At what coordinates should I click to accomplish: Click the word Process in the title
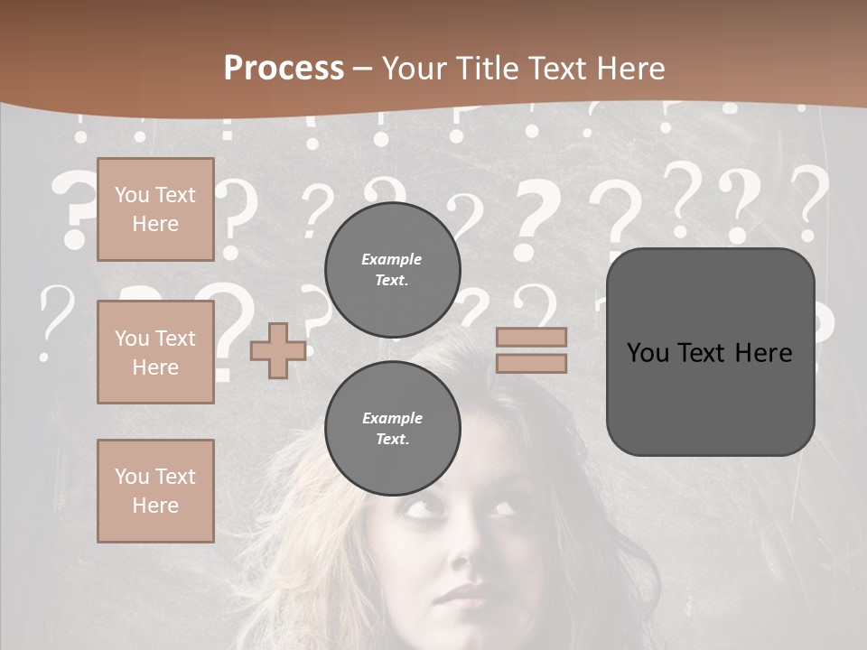[284, 69]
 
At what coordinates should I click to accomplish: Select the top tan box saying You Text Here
[155, 209]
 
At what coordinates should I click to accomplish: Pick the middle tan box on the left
[155, 352]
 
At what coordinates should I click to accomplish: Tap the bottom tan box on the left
[155, 491]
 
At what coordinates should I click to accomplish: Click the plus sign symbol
[278, 351]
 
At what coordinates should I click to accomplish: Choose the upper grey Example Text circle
[393, 270]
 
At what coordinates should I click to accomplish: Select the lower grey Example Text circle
[393, 429]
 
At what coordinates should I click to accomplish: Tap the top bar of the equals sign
[532, 338]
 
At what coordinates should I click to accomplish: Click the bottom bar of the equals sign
[532, 364]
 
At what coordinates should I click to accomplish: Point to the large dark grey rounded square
[710, 352]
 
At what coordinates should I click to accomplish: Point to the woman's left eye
[504, 508]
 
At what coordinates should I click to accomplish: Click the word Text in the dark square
[704, 353]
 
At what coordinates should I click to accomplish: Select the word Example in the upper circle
[392, 260]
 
